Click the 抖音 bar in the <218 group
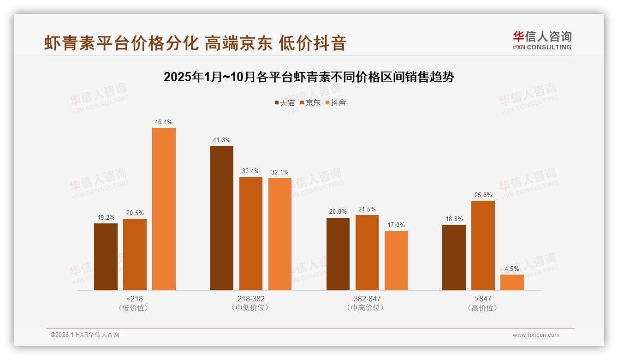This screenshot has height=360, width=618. (x=164, y=209)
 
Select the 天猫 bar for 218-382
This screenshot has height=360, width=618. (x=222, y=218)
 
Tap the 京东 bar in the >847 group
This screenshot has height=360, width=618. (x=483, y=246)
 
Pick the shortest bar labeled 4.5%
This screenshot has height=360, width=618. (x=512, y=282)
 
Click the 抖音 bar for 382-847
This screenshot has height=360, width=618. (x=396, y=261)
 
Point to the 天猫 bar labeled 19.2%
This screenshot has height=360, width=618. (x=106, y=257)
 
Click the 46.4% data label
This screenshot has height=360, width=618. (x=164, y=122)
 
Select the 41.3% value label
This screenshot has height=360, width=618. (x=222, y=140)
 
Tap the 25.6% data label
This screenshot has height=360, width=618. (x=483, y=195)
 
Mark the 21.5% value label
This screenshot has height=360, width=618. (x=367, y=210)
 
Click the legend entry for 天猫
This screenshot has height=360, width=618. (x=284, y=103)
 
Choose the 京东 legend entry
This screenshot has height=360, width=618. (x=310, y=103)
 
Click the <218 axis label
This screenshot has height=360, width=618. (x=134, y=299)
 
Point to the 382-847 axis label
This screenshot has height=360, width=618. (x=367, y=299)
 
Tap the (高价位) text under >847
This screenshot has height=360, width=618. (x=483, y=308)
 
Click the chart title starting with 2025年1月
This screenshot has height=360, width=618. (x=309, y=77)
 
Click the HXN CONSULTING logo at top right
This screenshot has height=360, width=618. (x=542, y=41)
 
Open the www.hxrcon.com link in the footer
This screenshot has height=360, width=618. (x=536, y=335)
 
